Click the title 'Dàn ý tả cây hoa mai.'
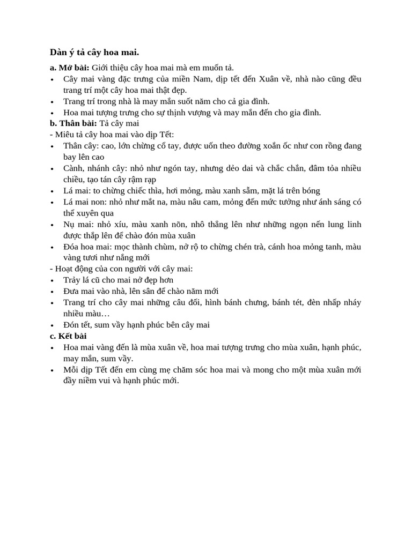point(94,52)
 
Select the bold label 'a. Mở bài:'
point(69,68)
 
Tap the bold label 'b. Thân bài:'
point(73,123)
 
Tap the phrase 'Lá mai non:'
point(84,202)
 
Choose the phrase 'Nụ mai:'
point(78,224)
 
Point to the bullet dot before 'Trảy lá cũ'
point(51,280)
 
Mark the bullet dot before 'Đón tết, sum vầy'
point(51,325)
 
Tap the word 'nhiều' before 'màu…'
point(75,314)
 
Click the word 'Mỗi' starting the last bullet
point(71,370)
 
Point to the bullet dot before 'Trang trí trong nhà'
point(51,101)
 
